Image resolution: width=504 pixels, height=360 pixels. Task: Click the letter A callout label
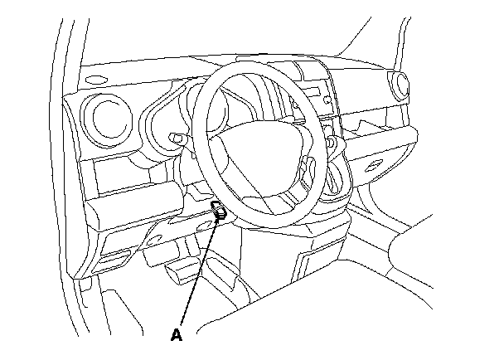pos(176,335)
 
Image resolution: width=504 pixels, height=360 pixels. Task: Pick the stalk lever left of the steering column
pos(175,136)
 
